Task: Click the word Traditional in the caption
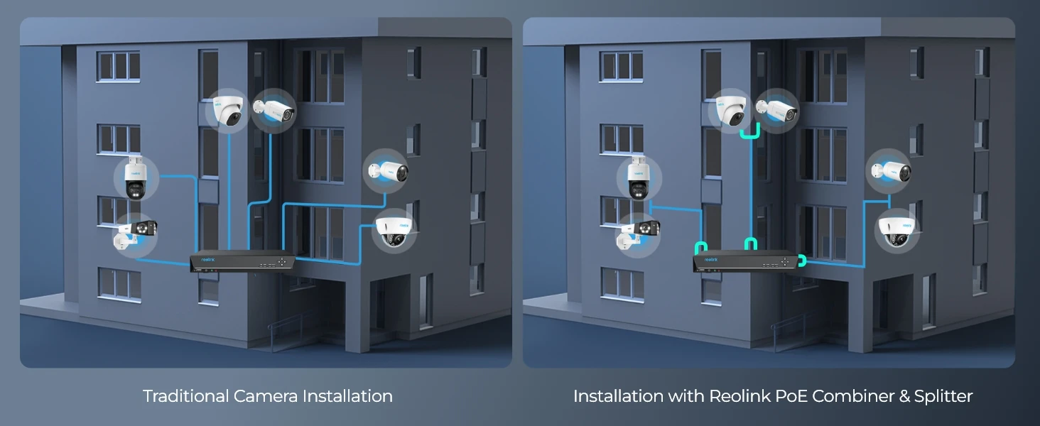(x=185, y=396)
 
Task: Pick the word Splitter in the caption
(x=943, y=396)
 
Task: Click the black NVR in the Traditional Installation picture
(x=242, y=263)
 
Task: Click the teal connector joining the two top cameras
(x=750, y=132)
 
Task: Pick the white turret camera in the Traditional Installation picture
(x=227, y=111)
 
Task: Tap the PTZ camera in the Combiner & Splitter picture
(x=639, y=177)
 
